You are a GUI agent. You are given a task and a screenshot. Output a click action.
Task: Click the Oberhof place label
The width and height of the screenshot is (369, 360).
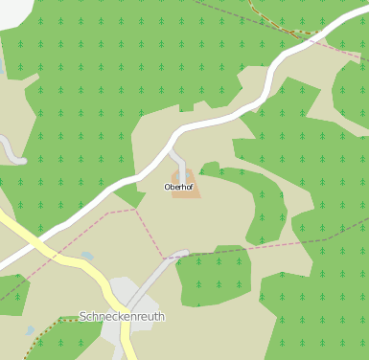tap(179, 187)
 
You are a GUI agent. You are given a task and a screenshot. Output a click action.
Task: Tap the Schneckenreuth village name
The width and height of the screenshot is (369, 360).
tap(122, 316)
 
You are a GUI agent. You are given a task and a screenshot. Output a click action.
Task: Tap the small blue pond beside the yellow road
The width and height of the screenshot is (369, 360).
tap(87, 257)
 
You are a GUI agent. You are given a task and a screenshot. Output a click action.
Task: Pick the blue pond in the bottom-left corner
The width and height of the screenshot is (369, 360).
tap(30, 330)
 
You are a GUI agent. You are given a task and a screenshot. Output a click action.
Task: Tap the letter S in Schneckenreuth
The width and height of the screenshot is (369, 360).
tap(84, 316)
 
